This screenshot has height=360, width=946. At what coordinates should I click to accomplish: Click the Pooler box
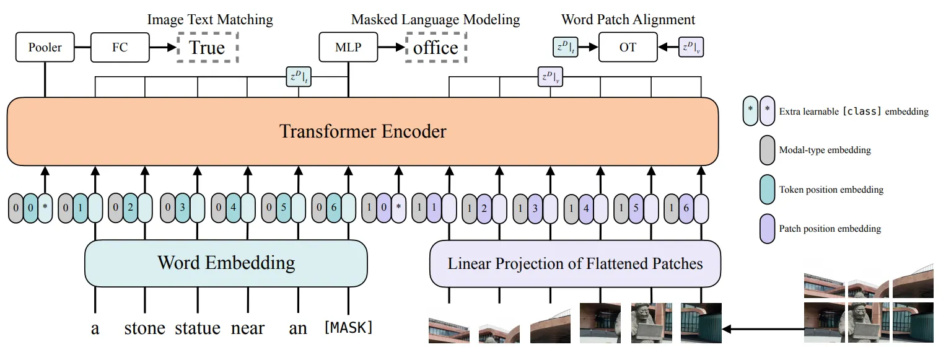45,48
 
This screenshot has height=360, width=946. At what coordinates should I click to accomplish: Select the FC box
120,48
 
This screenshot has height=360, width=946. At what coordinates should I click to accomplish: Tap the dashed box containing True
207,48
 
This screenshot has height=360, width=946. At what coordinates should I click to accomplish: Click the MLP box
348,48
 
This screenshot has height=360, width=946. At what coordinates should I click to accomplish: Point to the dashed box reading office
436,48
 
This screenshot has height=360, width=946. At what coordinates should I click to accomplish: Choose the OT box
628,48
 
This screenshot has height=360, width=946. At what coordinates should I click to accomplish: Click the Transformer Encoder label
362,131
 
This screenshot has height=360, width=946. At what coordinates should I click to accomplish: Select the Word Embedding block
226,263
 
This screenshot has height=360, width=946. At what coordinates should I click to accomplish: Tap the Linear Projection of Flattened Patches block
575,263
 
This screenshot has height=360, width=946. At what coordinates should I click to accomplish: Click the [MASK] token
349,327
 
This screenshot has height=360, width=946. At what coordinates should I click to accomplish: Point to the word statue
198,328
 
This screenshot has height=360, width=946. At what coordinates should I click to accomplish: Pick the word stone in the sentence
145,328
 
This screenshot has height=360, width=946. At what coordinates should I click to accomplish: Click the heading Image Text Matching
209,20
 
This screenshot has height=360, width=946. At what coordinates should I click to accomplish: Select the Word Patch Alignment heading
628,20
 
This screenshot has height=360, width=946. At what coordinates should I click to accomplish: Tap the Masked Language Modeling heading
436,20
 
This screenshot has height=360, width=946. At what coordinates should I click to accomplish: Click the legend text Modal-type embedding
825,150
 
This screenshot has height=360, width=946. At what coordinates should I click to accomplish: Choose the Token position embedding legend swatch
768,190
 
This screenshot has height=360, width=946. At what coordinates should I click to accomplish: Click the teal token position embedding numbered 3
182,208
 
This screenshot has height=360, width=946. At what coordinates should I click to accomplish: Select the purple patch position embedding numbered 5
636,208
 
